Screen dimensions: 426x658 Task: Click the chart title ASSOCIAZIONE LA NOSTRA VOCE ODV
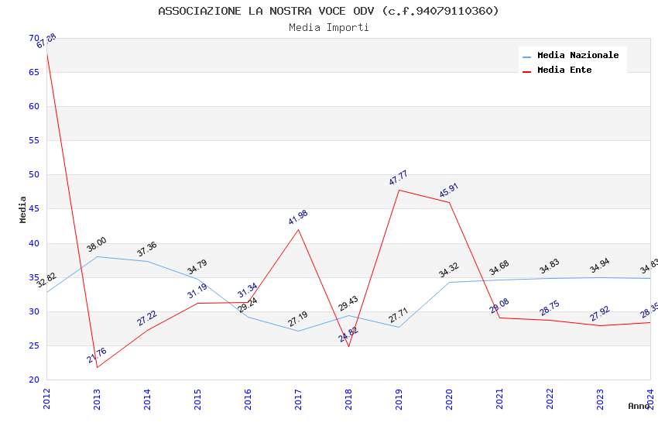click(x=328, y=11)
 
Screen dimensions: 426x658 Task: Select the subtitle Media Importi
click(x=328, y=27)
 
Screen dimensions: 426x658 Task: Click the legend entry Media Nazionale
click(x=577, y=56)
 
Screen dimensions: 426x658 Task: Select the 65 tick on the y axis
click(x=33, y=72)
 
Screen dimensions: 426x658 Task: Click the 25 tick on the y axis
click(x=33, y=345)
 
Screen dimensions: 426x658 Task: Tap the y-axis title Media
click(x=23, y=209)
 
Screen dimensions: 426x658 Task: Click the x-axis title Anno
click(x=639, y=406)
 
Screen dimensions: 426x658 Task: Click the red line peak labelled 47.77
click(x=399, y=190)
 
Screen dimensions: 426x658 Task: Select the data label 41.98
click(x=298, y=217)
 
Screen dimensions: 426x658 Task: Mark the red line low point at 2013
click(x=97, y=367)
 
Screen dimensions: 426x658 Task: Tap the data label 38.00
click(x=97, y=245)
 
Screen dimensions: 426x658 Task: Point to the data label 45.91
click(x=449, y=191)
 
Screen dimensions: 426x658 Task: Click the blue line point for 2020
click(x=449, y=282)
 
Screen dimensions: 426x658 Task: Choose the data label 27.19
click(x=298, y=319)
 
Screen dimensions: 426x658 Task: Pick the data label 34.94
click(x=600, y=266)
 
